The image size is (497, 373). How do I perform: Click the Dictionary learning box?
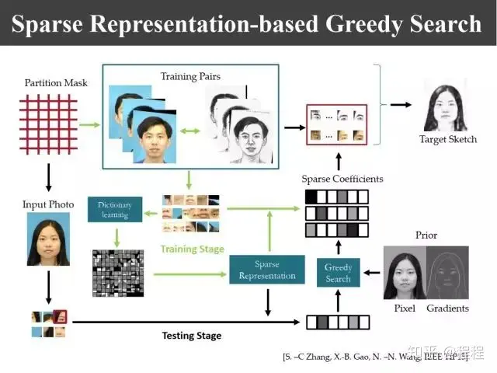click(115, 209)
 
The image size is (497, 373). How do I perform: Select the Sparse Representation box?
click(267, 269)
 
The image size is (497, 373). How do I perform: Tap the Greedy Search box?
click(339, 273)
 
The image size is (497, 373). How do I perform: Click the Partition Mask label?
click(55, 82)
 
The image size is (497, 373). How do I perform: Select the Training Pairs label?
click(189, 76)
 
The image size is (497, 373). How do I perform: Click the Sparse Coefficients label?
click(342, 179)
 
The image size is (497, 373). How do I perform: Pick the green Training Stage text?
click(192, 249)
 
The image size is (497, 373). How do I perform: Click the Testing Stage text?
click(191, 336)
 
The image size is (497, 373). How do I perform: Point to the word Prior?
click(426, 235)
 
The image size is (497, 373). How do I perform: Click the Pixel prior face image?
click(405, 272)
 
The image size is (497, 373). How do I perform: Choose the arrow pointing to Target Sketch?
click(401, 104)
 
